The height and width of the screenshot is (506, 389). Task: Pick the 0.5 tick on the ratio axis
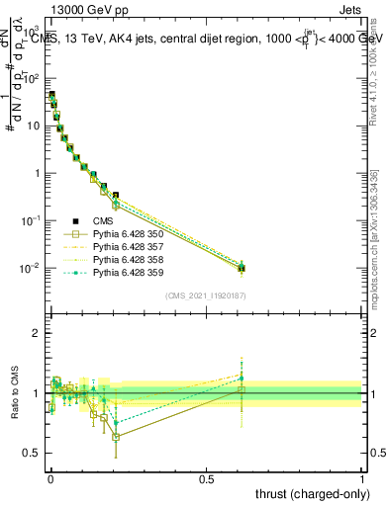(33, 453)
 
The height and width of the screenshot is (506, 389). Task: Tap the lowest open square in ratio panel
(117, 436)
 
